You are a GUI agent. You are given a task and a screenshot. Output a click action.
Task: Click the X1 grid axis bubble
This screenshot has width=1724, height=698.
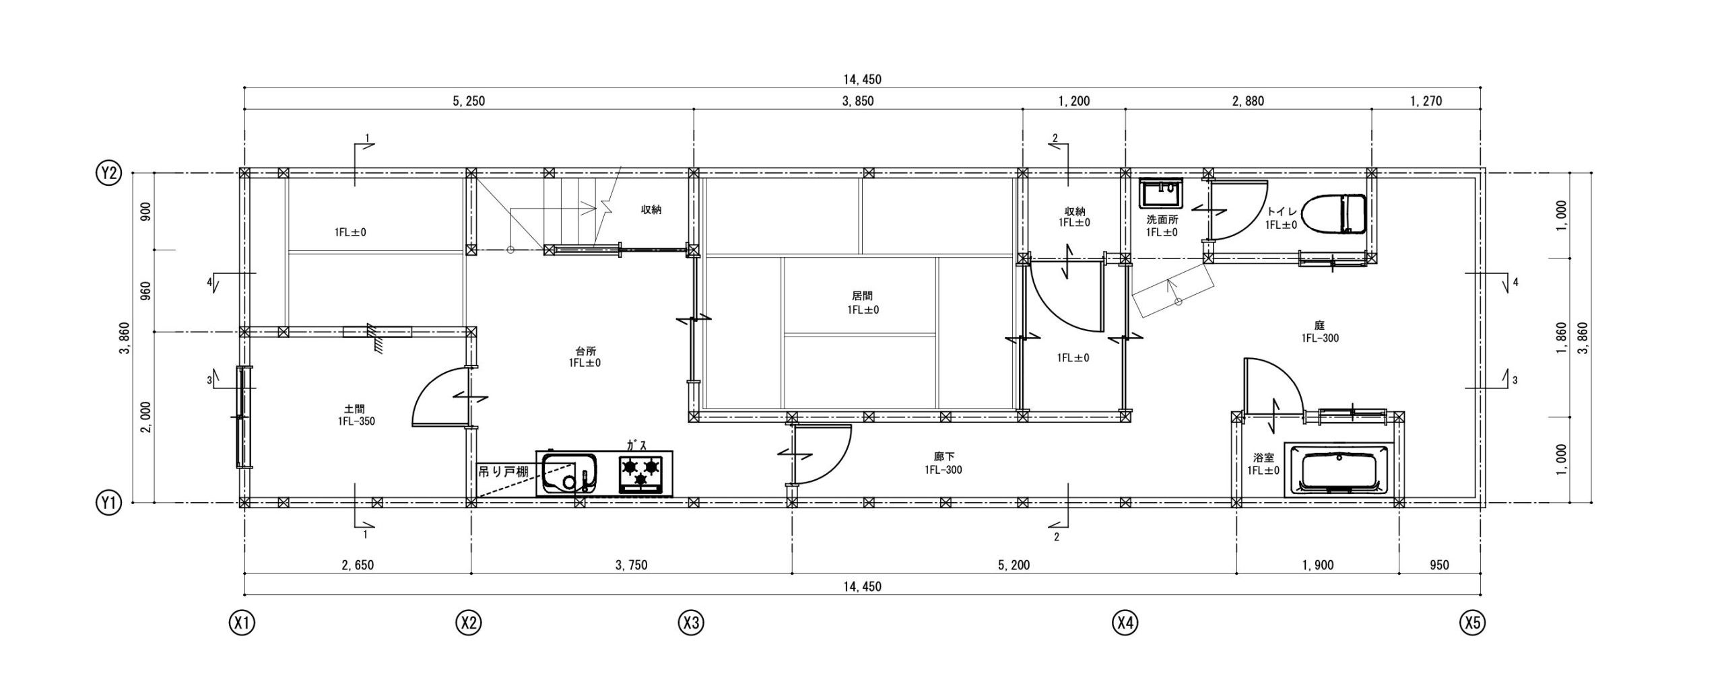coord(242,623)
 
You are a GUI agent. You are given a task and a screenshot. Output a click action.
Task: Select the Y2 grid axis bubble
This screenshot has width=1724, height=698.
coord(108,174)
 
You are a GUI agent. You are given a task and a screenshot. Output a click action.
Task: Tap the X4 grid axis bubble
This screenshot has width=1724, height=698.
coord(1125,623)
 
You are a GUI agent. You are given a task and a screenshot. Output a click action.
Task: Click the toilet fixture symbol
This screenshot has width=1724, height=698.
coord(1333,215)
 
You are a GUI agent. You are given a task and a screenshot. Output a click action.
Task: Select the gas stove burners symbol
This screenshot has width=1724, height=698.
coord(640,473)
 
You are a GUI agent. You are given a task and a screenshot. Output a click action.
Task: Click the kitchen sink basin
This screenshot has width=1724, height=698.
coord(570,473)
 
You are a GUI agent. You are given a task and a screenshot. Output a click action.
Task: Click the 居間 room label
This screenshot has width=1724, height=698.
coord(863,296)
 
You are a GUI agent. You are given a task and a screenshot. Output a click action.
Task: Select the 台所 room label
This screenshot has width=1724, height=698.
coord(585,351)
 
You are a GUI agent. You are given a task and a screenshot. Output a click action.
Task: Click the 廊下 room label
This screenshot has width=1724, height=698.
coord(943,457)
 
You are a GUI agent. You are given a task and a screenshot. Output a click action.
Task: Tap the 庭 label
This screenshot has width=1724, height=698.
coord(1319,325)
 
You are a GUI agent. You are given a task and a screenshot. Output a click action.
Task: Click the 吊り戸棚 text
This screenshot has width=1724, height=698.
coord(503,472)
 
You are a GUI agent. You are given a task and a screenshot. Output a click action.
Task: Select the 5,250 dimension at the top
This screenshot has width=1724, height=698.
coord(469,102)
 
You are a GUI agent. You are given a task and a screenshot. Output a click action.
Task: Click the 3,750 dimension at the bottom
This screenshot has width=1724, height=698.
coord(631,565)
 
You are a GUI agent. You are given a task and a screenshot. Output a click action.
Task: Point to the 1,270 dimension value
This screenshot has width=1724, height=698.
coord(1426,102)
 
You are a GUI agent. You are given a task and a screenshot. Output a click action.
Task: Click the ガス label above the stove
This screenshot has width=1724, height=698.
coord(637,445)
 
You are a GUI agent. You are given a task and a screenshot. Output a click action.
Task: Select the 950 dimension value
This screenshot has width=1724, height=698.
coord(1439,565)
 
